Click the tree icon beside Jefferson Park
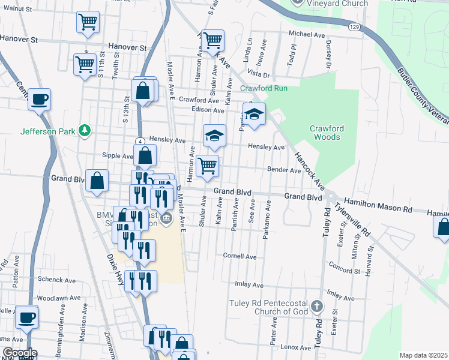tap(85, 130)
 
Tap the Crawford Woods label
tap(325, 133)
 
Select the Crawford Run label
tap(264, 88)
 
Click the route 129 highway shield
tap(355, 27)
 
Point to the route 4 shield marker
tap(139, 140)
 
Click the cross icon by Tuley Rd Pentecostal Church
tap(318, 307)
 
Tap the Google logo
tap(19, 353)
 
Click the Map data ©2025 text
tap(423, 355)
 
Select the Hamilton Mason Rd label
tap(378, 206)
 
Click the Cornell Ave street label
tap(240, 257)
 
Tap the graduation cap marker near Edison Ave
tap(255, 114)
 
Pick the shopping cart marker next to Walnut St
tap(88, 22)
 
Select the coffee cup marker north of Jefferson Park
tap(40, 99)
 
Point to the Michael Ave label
tap(306, 34)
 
